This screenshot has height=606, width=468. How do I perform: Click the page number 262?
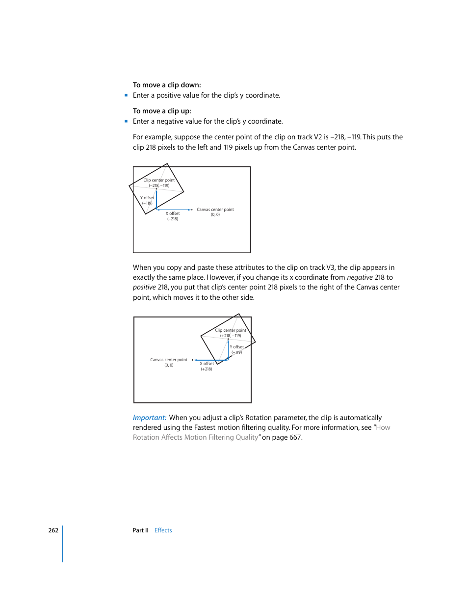(x=53, y=530)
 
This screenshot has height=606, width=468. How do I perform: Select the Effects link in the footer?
(x=163, y=530)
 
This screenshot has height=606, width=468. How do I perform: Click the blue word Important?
(x=150, y=418)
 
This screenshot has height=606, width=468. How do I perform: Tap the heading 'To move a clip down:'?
(x=167, y=85)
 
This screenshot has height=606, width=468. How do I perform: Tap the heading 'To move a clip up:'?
(x=162, y=111)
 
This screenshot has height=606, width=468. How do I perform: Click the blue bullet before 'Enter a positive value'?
(x=126, y=95)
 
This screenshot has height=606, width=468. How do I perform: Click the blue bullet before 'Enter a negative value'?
(x=126, y=121)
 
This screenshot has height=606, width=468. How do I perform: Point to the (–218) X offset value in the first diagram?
(x=173, y=219)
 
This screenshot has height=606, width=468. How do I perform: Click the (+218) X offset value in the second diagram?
(x=207, y=369)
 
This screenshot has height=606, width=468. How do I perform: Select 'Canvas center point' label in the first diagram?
(x=215, y=210)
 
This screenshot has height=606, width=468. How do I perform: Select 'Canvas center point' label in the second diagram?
(x=169, y=360)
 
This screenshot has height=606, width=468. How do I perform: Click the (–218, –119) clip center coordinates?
(x=159, y=185)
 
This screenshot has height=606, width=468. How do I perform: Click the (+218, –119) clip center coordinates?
(x=231, y=336)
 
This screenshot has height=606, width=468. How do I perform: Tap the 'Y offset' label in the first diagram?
(x=147, y=198)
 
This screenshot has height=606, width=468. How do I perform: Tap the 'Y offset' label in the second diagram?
(x=237, y=347)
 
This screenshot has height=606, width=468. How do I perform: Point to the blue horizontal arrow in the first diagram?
(x=174, y=210)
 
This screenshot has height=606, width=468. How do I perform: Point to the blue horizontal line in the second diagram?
(x=211, y=360)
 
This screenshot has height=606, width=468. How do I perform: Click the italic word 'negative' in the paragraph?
(x=360, y=277)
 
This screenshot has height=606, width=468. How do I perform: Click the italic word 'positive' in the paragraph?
(x=144, y=287)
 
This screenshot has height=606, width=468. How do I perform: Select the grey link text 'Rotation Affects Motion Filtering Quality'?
(x=195, y=437)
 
